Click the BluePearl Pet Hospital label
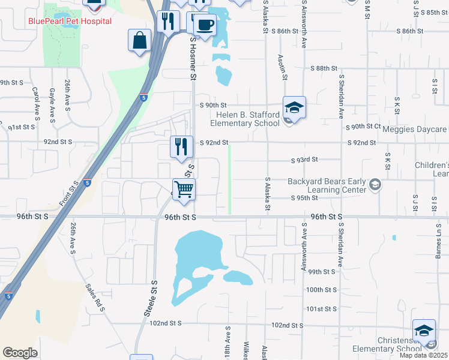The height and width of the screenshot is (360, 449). pyautogui.click(x=70, y=21)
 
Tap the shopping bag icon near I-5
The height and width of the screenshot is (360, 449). pyautogui.click(x=139, y=41)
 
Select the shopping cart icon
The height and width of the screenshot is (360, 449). pyautogui.click(x=184, y=189)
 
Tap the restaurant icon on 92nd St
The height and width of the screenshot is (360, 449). pyautogui.click(x=181, y=146)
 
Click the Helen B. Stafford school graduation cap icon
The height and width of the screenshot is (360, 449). pyautogui.click(x=294, y=107)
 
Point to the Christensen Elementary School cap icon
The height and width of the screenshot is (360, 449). pyautogui.click(x=424, y=331)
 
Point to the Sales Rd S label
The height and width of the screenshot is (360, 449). pyautogui.click(x=95, y=298)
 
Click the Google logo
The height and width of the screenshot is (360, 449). pyautogui.click(x=20, y=352)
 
